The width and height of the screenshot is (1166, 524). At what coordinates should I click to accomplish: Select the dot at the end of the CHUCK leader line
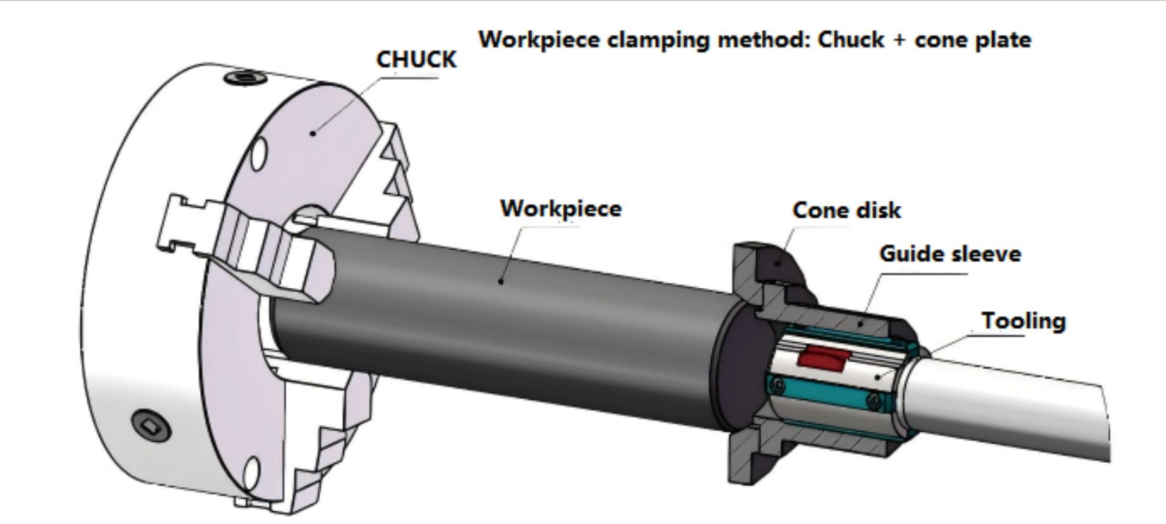point(316,134)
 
